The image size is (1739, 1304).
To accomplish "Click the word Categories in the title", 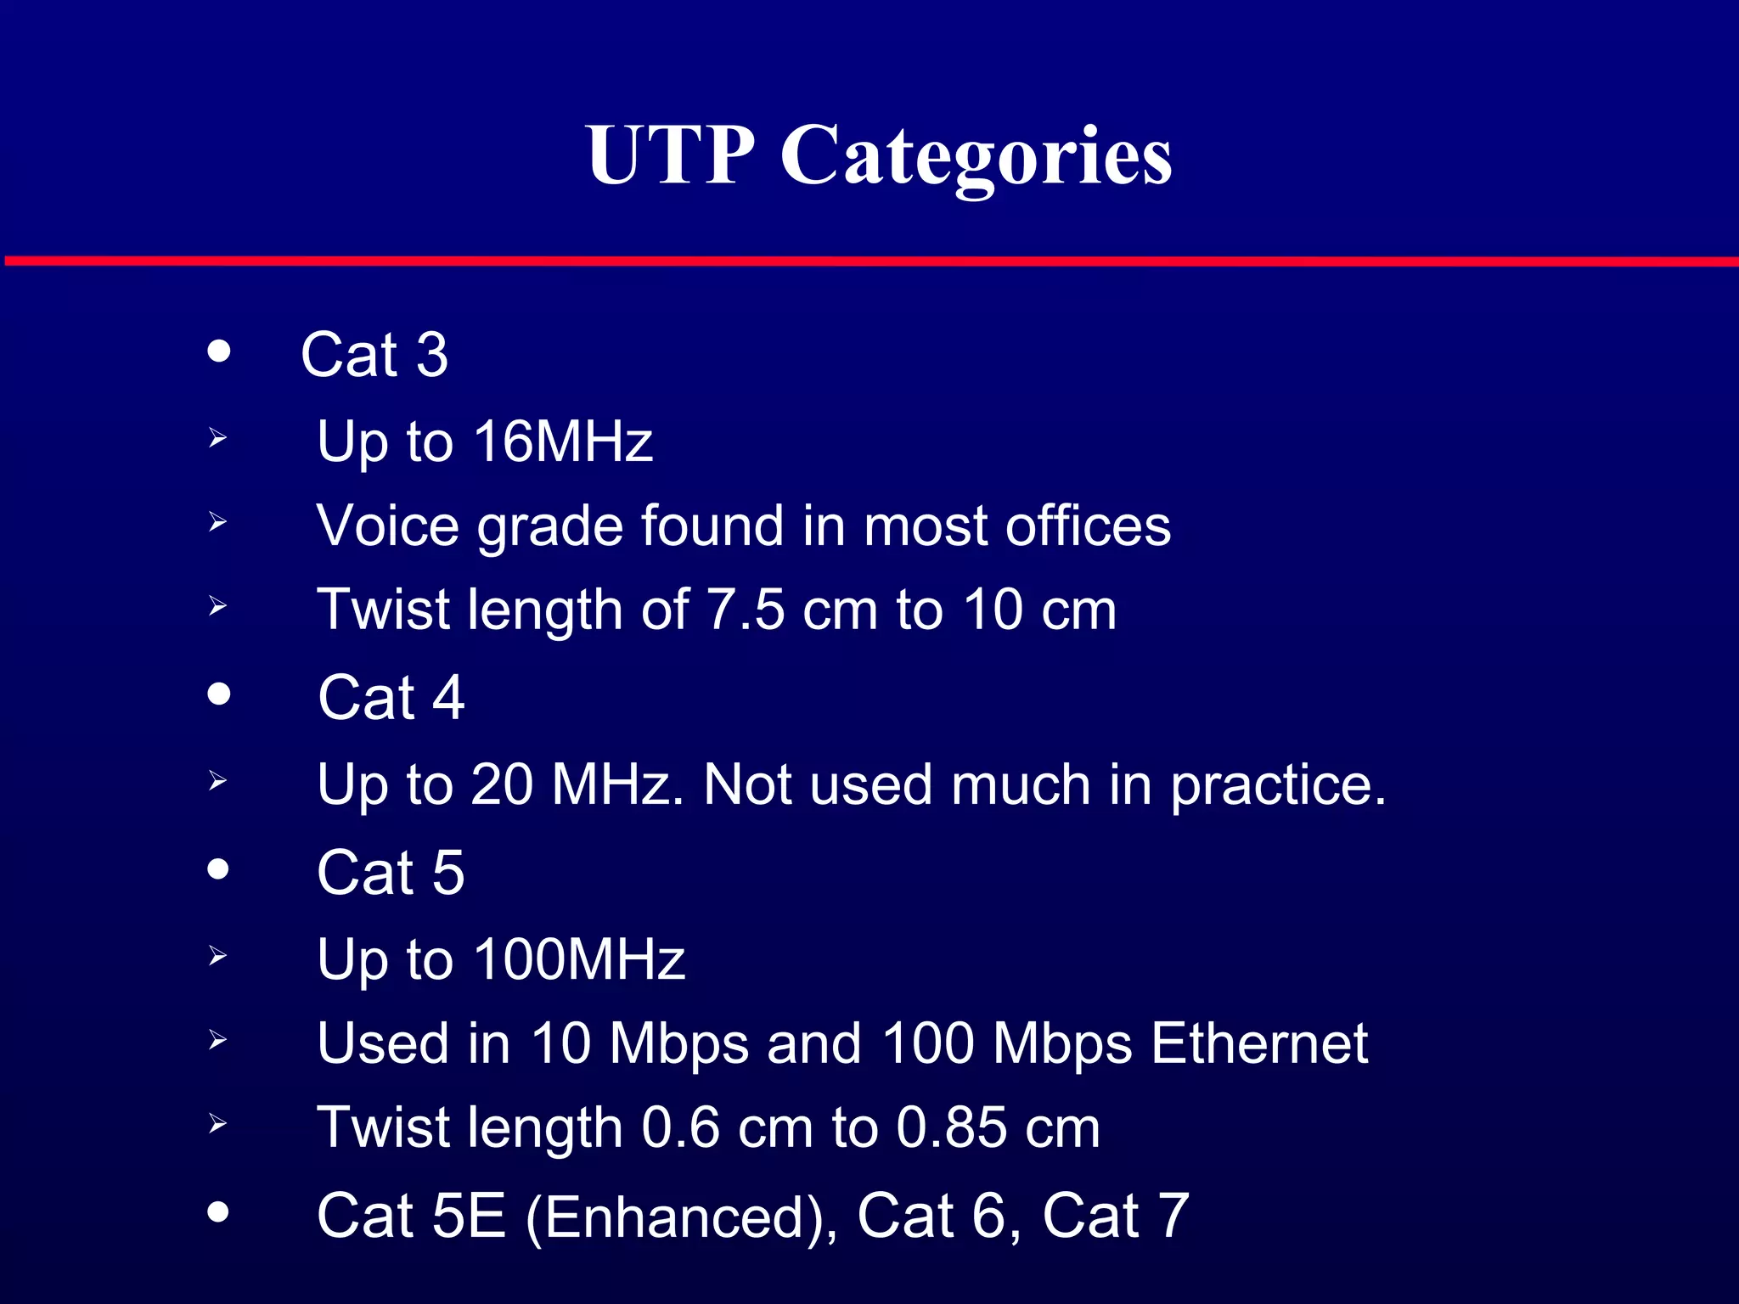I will point(976,157).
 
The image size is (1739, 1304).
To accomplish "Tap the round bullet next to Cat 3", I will point(219,351).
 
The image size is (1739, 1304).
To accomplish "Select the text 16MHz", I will point(563,441).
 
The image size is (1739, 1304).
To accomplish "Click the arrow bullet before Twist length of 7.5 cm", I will point(217,606).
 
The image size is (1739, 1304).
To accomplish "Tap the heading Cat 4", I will point(391,698).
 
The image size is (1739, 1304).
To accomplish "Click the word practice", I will point(1278,785).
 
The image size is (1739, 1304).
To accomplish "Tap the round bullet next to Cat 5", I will point(219,869).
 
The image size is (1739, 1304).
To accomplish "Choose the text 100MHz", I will point(579,959).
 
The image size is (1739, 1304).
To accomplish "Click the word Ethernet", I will point(1259,1043).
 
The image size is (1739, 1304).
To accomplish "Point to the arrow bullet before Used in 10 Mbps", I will point(217,1040).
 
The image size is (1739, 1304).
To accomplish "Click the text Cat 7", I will point(1115,1216).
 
